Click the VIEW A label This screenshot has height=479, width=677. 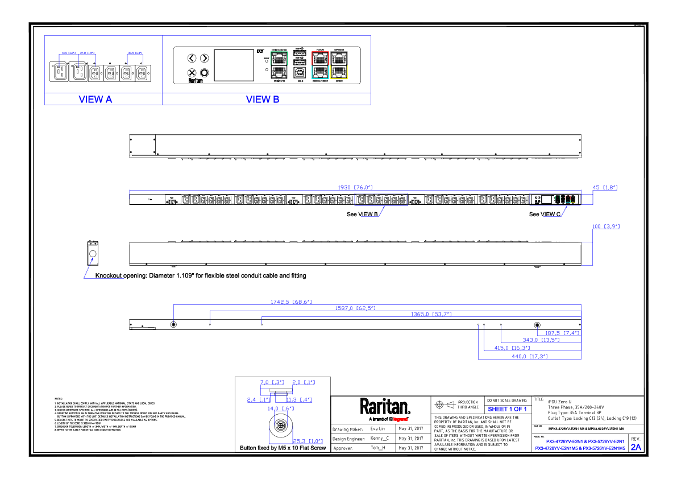pyautogui.click(x=95, y=100)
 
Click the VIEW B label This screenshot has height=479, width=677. pyautogui.click(x=263, y=100)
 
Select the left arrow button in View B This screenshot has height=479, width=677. pyautogui.click(x=192, y=58)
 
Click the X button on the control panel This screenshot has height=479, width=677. pyautogui.click(x=192, y=73)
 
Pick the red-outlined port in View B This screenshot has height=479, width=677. pyautogui.click(x=320, y=57)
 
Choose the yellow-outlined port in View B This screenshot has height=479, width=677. pyautogui.click(x=339, y=71)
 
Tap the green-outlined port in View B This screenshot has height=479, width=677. pyautogui.click(x=279, y=57)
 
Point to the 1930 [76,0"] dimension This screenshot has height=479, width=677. pyautogui.click(x=355, y=187)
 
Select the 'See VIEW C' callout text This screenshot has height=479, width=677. pyautogui.click(x=545, y=214)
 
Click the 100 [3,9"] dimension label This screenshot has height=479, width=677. pyautogui.click(x=605, y=226)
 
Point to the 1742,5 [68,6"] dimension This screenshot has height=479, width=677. pyautogui.click(x=290, y=302)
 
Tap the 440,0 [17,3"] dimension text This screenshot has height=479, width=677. pyautogui.click(x=530, y=356)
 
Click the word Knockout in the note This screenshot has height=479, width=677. pyautogui.click(x=109, y=276)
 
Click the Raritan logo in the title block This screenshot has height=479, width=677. pyautogui.click(x=384, y=406)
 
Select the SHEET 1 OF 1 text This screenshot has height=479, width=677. pyautogui.click(x=507, y=409)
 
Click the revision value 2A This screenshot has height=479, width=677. pyautogui.click(x=636, y=447)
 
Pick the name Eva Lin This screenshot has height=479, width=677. pyautogui.click(x=377, y=429)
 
